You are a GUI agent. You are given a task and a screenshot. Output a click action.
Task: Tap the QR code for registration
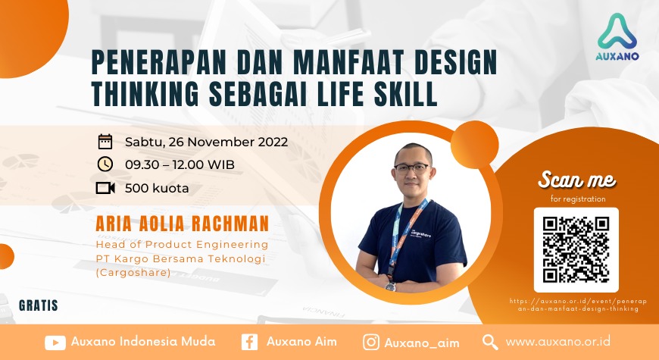tap(576, 249)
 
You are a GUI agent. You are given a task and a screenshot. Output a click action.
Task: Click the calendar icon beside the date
tap(105, 142)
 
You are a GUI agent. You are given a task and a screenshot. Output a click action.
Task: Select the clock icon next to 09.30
tap(105, 164)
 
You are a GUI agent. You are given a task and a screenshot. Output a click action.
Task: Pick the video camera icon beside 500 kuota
tap(105, 188)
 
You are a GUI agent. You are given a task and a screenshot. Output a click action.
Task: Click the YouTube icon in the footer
tap(55, 342)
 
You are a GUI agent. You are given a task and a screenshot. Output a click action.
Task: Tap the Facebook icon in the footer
tap(249, 342)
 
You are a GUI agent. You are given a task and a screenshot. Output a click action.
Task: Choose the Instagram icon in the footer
tap(371, 342)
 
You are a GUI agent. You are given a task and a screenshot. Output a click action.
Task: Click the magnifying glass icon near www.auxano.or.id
tap(490, 342)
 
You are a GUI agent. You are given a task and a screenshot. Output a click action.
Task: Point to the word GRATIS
tap(39, 307)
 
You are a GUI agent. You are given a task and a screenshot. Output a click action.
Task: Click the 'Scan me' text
tap(576, 180)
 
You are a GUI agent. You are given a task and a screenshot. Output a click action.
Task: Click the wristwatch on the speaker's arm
tap(390, 286)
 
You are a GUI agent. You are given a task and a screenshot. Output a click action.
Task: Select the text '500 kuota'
tap(157, 188)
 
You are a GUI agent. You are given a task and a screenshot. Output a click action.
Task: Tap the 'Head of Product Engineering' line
tap(182, 245)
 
